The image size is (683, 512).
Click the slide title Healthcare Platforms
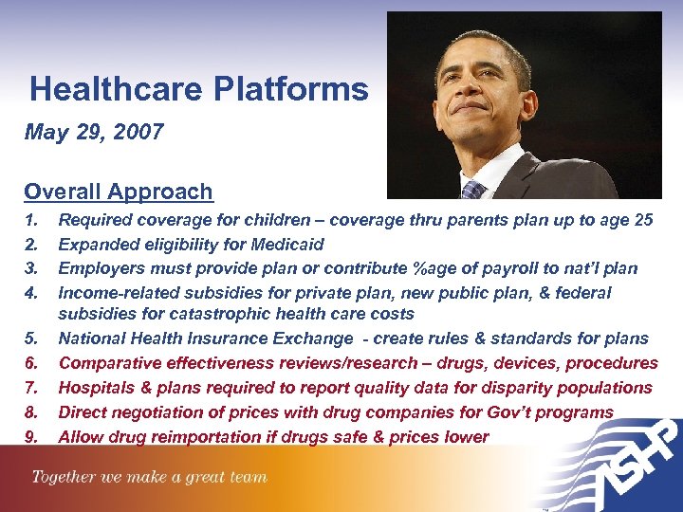click(198, 90)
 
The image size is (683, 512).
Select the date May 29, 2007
click(94, 132)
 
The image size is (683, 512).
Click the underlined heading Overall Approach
click(119, 192)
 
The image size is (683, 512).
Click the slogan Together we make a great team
click(150, 478)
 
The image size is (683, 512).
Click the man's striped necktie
click(471, 190)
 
